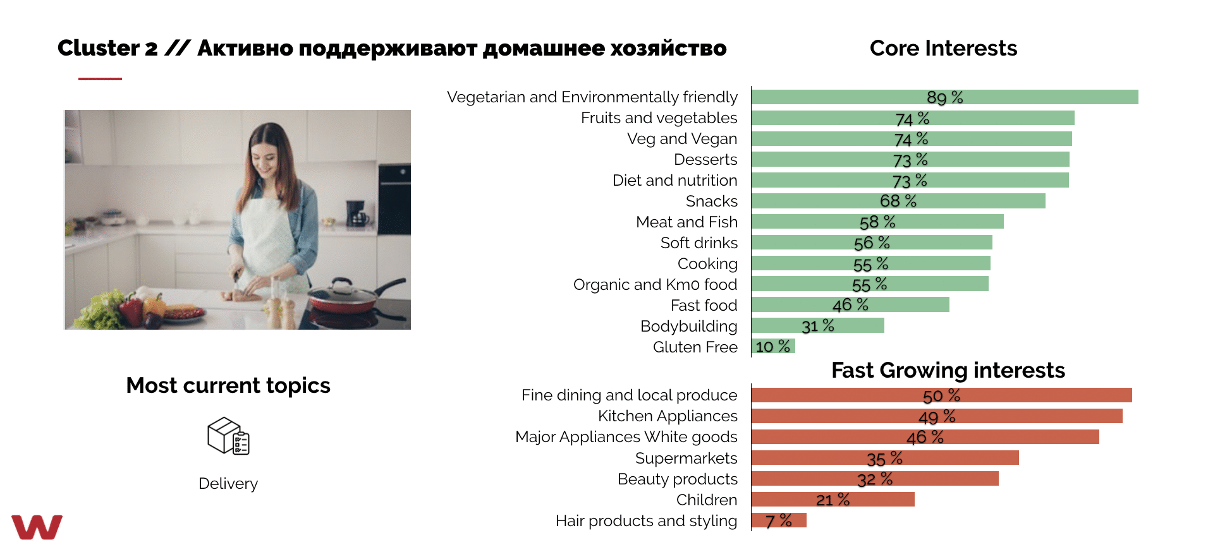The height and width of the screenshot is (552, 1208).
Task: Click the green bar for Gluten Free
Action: [773, 346]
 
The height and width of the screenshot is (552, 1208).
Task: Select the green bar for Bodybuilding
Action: [818, 325]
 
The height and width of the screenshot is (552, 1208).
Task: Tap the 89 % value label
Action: [944, 97]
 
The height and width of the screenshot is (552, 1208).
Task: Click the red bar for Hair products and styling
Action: [779, 520]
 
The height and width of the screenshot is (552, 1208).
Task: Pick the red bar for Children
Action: [833, 500]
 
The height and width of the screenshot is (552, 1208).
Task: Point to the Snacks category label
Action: [711, 201]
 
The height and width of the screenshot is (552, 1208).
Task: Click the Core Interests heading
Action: [943, 48]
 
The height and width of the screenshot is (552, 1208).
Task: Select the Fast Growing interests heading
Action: [948, 370]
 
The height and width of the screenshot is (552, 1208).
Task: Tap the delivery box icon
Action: [228, 436]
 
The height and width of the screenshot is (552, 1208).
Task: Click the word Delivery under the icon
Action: [228, 483]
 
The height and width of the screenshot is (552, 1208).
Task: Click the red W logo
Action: [37, 527]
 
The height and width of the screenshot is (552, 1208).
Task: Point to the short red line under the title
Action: [100, 79]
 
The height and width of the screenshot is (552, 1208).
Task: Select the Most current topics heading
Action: [228, 385]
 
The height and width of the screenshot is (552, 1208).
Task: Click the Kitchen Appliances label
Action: [668, 416]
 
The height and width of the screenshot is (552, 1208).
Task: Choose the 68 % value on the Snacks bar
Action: [898, 201]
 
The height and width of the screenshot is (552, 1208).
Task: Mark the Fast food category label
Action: [704, 305]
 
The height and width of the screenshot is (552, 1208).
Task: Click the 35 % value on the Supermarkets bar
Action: [884, 458]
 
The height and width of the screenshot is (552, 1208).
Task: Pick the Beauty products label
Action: [677, 479]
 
